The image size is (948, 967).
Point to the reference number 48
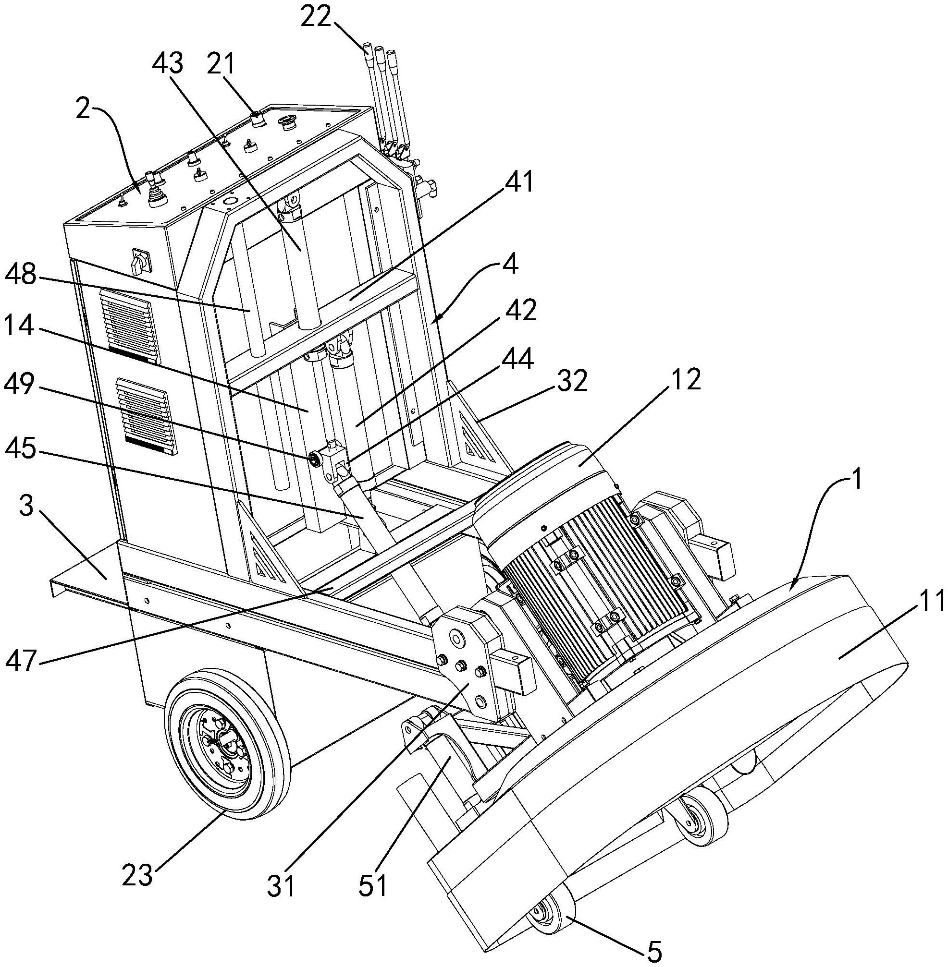coord(20,275)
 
